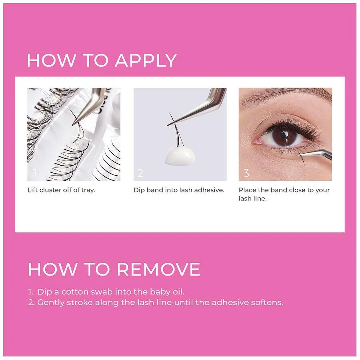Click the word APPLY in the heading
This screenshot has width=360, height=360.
click(146, 60)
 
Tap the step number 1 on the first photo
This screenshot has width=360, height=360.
click(35, 173)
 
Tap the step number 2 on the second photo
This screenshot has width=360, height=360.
click(140, 173)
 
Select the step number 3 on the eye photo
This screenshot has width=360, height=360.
click(246, 173)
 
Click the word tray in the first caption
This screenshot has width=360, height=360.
click(88, 190)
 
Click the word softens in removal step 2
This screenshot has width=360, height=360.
click(268, 302)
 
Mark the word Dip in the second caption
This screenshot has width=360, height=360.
click(139, 190)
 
